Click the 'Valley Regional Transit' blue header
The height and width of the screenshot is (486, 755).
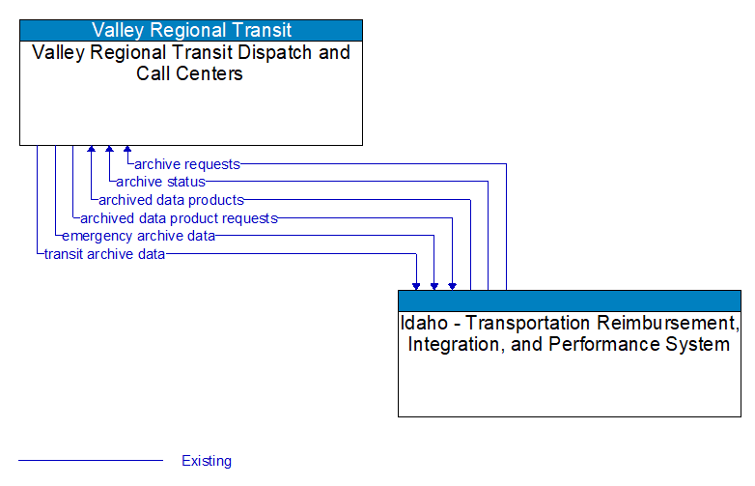tap(191, 30)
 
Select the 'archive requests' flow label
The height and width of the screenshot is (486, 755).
tap(186, 164)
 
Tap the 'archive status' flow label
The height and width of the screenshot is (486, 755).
tap(160, 182)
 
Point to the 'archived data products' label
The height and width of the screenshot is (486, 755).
tap(171, 200)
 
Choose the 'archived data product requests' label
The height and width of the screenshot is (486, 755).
tap(179, 218)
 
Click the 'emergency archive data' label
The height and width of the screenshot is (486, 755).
tap(138, 236)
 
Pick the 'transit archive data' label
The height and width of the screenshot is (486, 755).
tap(104, 254)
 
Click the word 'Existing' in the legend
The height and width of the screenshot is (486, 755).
tap(207, 461)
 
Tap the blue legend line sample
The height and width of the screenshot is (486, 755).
tap(91, 461)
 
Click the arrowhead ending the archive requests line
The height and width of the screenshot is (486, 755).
tap(127, 150)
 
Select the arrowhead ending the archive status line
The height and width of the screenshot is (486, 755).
tap(109, 150)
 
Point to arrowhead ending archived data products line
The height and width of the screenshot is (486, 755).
tap(92, 150)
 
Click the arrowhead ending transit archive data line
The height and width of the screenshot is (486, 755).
tap(416, 285)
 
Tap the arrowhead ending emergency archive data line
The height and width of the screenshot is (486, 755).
tap(434, 285)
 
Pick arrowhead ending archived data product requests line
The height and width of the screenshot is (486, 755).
tap(452, 285)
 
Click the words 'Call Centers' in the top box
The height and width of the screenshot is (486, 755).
tap(190, 73)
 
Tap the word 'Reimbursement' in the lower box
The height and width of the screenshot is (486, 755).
tap(667, 323)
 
